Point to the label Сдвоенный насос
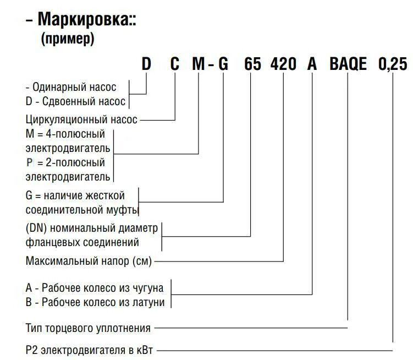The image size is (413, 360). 81,101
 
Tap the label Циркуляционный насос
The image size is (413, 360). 81,118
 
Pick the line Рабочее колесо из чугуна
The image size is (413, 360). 103,287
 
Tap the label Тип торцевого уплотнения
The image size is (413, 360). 88,329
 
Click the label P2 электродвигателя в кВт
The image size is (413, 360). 93,350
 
